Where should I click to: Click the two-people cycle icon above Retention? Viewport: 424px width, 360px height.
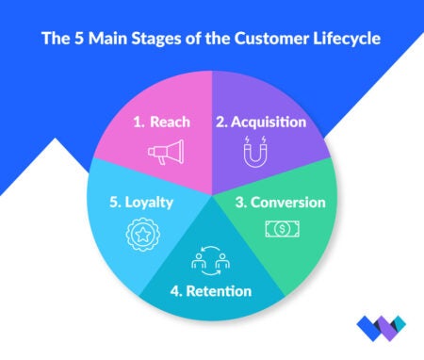pyautogui.click(x=212, y=260)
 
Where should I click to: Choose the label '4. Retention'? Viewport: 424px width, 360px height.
pyautogui.click(x=212, y=290)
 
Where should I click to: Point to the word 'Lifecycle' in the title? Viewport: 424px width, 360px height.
pyautogui.click(x=335, y=41)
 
